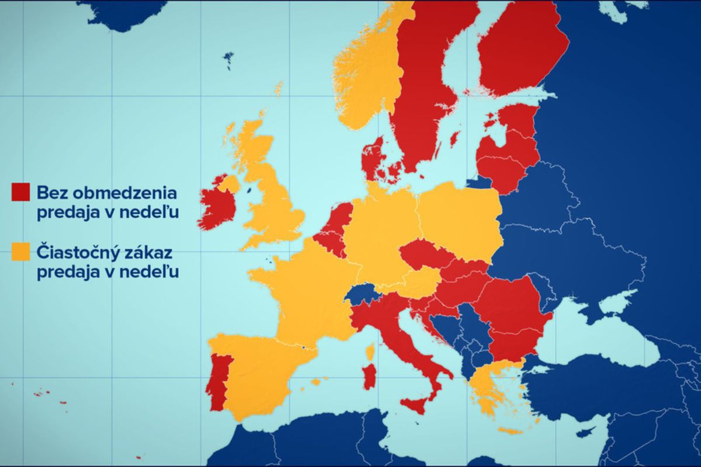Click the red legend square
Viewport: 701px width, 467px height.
pos(20,191)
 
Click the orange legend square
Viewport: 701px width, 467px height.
pos(20,252)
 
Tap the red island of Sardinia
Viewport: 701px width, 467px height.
pos(369,377)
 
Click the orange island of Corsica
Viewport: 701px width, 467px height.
pos(370,352)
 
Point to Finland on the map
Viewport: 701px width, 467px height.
pos(520,53)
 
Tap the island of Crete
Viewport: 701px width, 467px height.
pos(511,431)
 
